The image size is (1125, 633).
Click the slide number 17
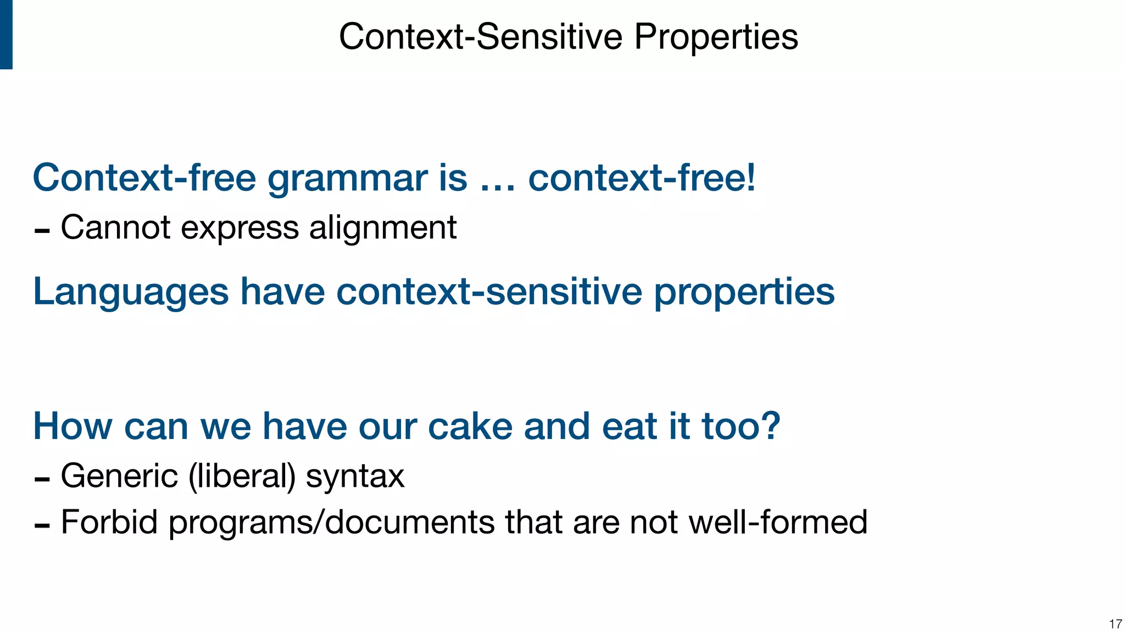click(x=1115, y=624)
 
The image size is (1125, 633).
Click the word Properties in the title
click(x=715, y=37)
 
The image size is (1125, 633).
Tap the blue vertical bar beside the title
click(x=6, y=34)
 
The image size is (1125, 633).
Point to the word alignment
click(x=382, y=227)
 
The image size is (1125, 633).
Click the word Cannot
click(x=115, y=227)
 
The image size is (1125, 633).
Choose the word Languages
click(x=131, y=292)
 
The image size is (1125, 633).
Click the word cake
click(x=470, y=426)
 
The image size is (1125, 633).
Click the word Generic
click(x=119, y=476)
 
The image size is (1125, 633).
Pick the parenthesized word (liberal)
click(x=242, y=476)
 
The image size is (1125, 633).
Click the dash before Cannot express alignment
click(x=42, y=231)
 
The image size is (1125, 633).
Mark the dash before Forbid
click(x=42, y=526)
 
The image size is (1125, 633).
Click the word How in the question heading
click(x=73, y=426)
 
